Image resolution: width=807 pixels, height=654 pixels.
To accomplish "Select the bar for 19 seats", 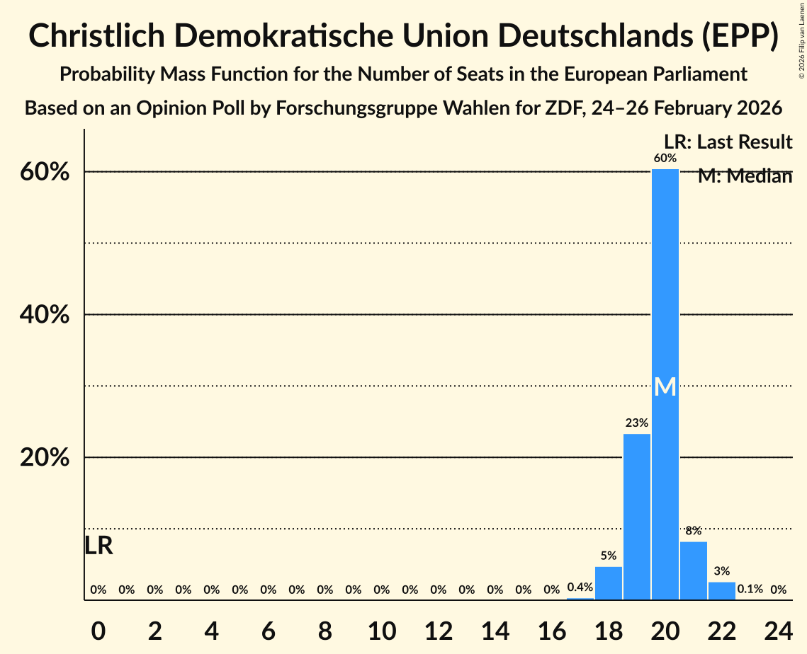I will click(x=636, y=517).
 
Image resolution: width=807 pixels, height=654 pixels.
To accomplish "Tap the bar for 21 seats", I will click(x=693, y=570).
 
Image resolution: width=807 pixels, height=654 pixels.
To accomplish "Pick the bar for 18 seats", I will click(x=608, y=583).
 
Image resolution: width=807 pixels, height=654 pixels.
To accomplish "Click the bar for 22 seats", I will click(x=721, y=591).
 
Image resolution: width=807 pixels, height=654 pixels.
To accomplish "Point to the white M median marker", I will click(x=665, y=386).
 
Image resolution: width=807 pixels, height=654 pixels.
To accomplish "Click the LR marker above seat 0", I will click(x=98, y=546).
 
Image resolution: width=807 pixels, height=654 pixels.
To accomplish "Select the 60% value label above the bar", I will click(x=665, y=158).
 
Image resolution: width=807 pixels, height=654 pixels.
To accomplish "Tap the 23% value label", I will click(x=636, y=423).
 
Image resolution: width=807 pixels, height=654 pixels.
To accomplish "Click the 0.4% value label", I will click(x=580, y=587).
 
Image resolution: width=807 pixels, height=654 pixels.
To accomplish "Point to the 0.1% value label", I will click(x=750, y=589).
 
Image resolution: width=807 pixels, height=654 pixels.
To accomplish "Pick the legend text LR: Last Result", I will click(x=728, y=142).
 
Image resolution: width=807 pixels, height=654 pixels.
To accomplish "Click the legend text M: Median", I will click(x=745, y=176).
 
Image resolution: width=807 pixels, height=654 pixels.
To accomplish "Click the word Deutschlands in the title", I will click(x=544, y=36).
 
